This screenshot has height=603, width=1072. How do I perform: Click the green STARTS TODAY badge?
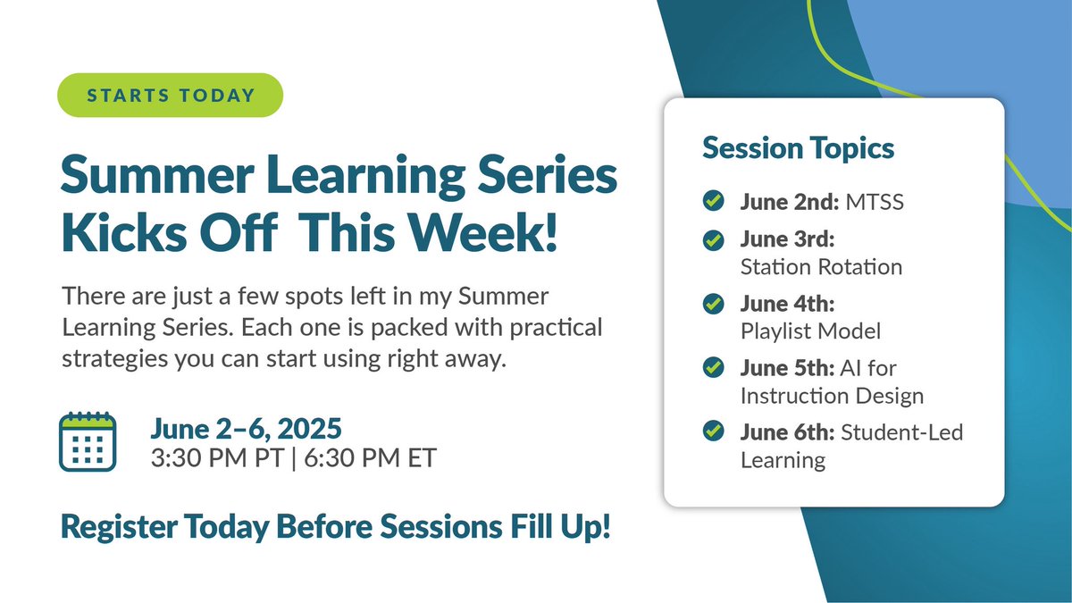point(170,95)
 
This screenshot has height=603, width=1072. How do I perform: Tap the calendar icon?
point(87,441)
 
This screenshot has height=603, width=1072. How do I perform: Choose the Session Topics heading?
point(798,148)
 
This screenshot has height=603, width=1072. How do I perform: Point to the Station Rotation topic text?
point(821,266)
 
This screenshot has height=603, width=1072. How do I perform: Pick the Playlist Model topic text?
point(810,331)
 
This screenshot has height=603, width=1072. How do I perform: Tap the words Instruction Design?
point(832,395)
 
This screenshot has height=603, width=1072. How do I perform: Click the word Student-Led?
point(902,433)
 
